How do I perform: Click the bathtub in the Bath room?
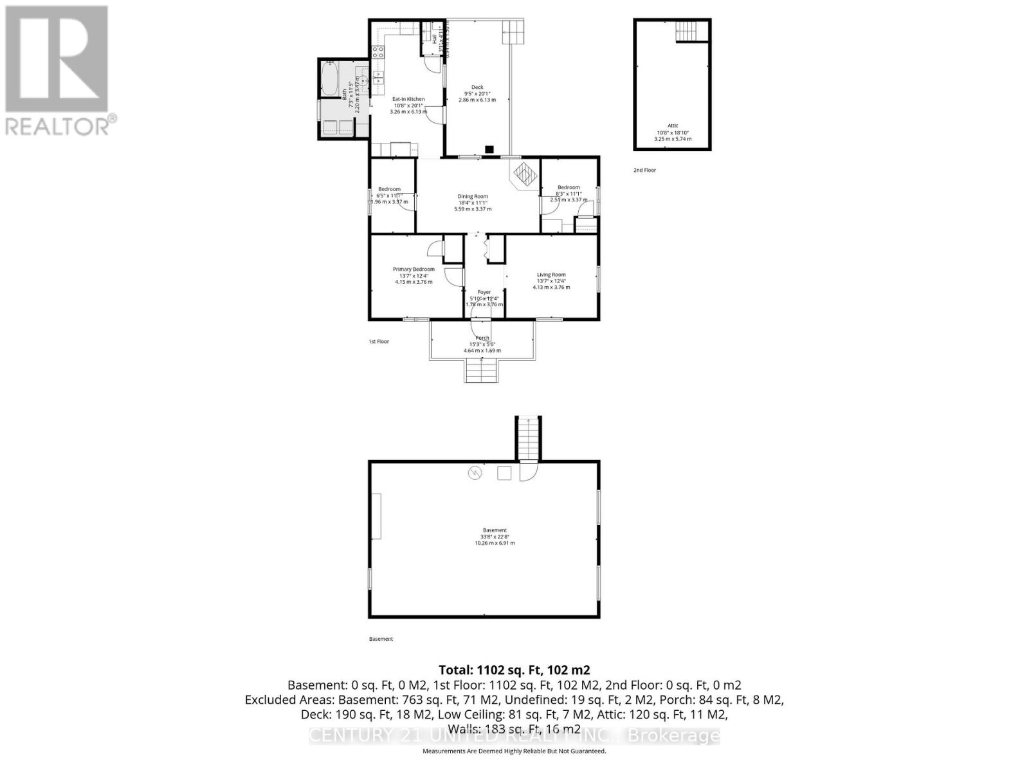pyautogui.click(x=329, y=78)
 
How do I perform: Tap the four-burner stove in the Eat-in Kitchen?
pyautogui.click(x=378, y=52)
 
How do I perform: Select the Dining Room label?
pyautogui.click(x=473, y=196)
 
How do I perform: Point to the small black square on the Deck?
pyautogui.click(x=489, y=150)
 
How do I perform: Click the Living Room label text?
pyautogui.click(x=551, y=275)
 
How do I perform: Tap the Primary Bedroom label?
pyautogui.click(x=414, y=269)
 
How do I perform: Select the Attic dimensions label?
pyautogui.click(x=672, y=136)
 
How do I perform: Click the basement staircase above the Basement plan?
pyautogui.click(x=527, y=439)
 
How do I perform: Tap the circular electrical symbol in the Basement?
pyautogui.click(x=475, y=473)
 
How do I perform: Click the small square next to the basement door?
pyautogui.click(x=504, y=473)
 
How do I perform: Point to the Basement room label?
pyautogui.click(x=495, y=530)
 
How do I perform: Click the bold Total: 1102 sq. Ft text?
pyautogui.click(x=514, y=670)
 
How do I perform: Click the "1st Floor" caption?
pyautogui.click(x=379, y=342)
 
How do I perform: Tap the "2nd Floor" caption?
pyautogui.click(x=644, y=170)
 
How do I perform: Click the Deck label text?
pyautogui.click(x=477, y=87)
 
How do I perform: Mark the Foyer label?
pyautogui.click(x=484, y=292)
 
